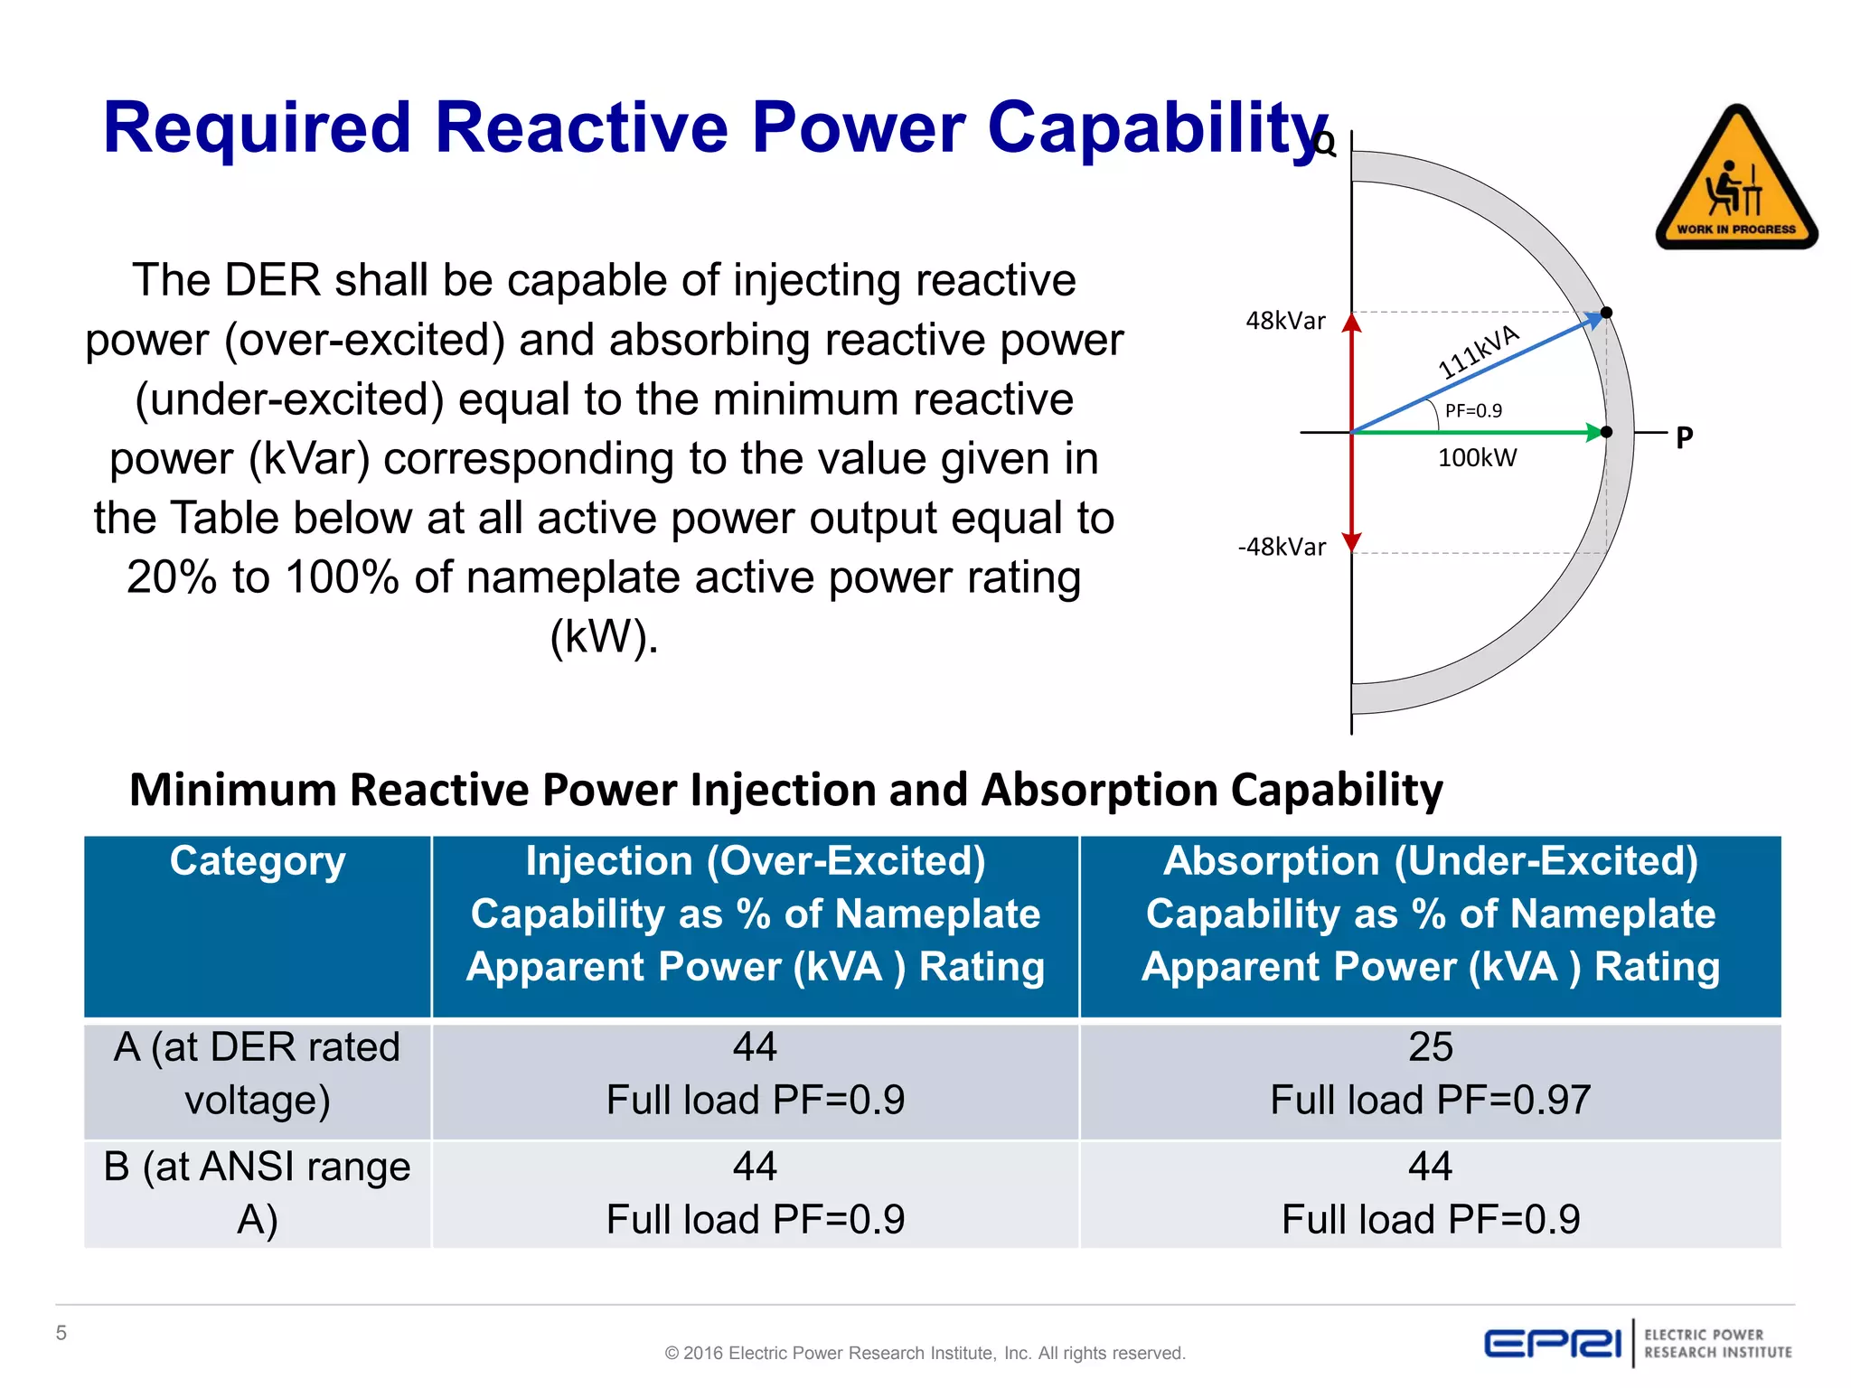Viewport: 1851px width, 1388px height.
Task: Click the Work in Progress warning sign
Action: pyautogui.click(x=1736, y=181)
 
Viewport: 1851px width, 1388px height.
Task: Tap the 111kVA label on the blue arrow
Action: pyautogui.click(x=1479, y=352)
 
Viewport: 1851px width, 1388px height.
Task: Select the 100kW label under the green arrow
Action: pyautogui.click(x=1477, y=458)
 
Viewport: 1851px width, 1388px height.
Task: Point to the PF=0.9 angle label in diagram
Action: pyautogui.click(x=1473, y=411)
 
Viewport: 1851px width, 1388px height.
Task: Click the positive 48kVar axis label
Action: pyautogui.click(x=1284, y=321)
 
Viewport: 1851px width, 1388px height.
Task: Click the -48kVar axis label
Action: pyautogui.click(x=1281, y=547)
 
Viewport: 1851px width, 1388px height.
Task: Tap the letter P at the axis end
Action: pyautogui.click(x=1684, y=438)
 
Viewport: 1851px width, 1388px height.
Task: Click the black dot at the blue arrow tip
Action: pyautogui.click(x=1606, y=313)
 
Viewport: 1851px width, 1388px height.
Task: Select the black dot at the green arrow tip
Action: pyautogui.click(x=1606, y=432)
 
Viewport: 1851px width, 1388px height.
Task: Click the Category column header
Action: pyautogui.click(x=258, y=861)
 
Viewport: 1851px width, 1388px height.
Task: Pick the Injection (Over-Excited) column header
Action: pyautogui.click(x=756, y=914)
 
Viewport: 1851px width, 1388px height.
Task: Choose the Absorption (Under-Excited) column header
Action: pyautogui.click(x=1430, y=914)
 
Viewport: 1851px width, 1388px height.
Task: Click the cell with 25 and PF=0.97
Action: pyautogui.click(x=1430, y=1074)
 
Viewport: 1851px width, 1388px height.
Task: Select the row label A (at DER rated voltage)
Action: pyautogui.click(x=258, y=1074)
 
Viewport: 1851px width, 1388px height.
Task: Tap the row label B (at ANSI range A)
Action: pyautogui.click(x=258, y=1193)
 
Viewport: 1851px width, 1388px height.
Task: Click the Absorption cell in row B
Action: pyautogui.click(x=1430, y=1193)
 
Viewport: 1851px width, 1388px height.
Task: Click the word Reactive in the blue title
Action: pyautogui.click(x=581, y=127)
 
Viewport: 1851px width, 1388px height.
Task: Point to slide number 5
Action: pyautogui.click(x=61, y=1333)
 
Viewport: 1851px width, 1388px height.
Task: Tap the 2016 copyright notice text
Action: pyautogui.click(x=925, y=1353)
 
